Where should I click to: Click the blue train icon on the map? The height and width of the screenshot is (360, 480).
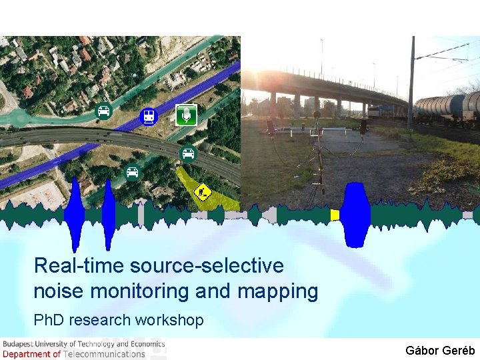(148, 117)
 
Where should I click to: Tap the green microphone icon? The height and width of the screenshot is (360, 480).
(186, 115)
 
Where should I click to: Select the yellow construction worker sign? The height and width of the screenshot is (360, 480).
(202, 193)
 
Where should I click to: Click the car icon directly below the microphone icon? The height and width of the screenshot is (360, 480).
(189, 154)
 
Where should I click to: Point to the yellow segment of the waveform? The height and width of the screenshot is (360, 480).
(335, 215)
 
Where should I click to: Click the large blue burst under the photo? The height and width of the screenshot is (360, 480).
(356, 213)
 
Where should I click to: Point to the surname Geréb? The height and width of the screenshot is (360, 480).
(459, 350)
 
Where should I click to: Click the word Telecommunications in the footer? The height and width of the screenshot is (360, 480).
(104, 354)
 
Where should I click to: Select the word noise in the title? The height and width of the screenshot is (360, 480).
(58, 291)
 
